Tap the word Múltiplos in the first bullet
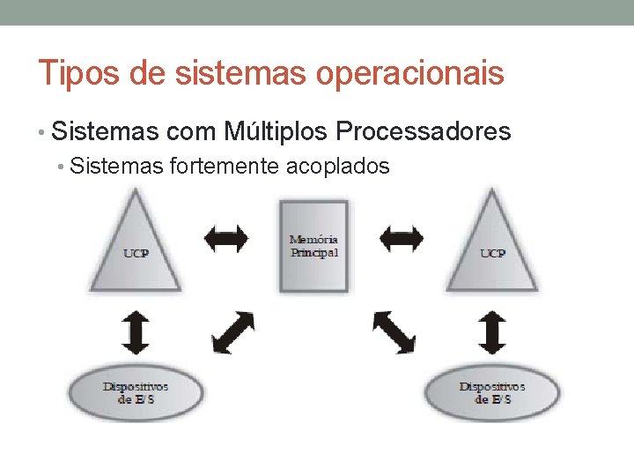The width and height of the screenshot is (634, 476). click(x=276, y=132)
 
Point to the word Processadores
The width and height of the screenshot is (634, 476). click(x=424, y=132)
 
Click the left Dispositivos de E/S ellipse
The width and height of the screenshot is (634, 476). click(x=136, y=392)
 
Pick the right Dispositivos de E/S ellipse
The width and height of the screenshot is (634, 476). click(x=492, y=392)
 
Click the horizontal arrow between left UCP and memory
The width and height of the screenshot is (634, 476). click(x=225, y=237)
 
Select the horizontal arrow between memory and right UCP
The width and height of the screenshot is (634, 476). click(x=402, y=237)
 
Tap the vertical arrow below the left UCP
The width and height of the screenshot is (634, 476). click(x=136, y=332)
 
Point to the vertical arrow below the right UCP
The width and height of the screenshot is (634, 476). click(x=492, y=332)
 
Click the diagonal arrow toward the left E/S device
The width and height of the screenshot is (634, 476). click(x=233, y=332)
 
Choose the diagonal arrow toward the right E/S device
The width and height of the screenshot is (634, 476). click(x=394, y=332)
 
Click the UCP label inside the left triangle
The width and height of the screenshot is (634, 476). click(x=136, y=254)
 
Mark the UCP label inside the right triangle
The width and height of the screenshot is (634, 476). click(x=492, y=254)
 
